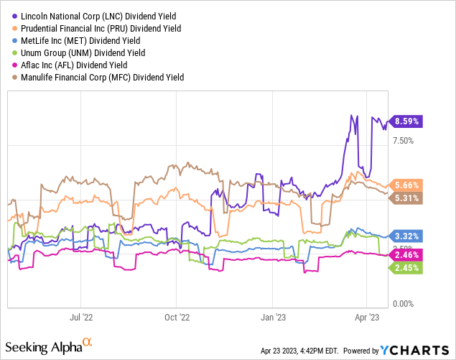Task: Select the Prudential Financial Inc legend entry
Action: pyautogui.click(x=96, y=28)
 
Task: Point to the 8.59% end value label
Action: pyautogui.click(x=405, y=121)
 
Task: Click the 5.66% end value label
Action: pyautogui.click(x=405, y=185)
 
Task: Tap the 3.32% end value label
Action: pyautogui.click(x=405, y=236)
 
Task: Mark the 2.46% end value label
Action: pyautogui.click(x=405, y=254)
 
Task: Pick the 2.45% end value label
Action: pyautogui.click(x=405, y=267)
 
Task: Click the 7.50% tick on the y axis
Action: pyautogui.click(x=402, y=141)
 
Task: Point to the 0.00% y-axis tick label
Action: pyautogui.click(x=402, y=304)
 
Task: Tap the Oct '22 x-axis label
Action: pyautogui.click(x=176, y=315)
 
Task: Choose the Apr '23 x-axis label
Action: pyautogui.click(x=368, y=315)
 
